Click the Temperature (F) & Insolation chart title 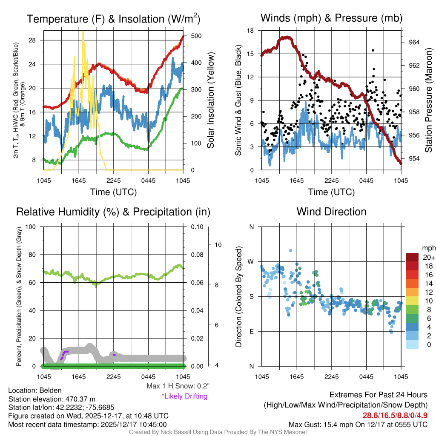pos(113,19)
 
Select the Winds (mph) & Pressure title pos(331,18)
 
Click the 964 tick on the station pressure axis pos(414,42)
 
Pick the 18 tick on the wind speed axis pos(251,31)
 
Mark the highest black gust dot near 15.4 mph pos(373,50)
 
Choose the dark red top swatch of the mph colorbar pos(412,257)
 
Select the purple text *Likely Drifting pos(184,396)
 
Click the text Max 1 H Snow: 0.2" pos(178,387)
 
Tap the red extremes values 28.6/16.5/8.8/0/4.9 pos(395,415)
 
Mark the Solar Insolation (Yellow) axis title pos(210,100)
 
